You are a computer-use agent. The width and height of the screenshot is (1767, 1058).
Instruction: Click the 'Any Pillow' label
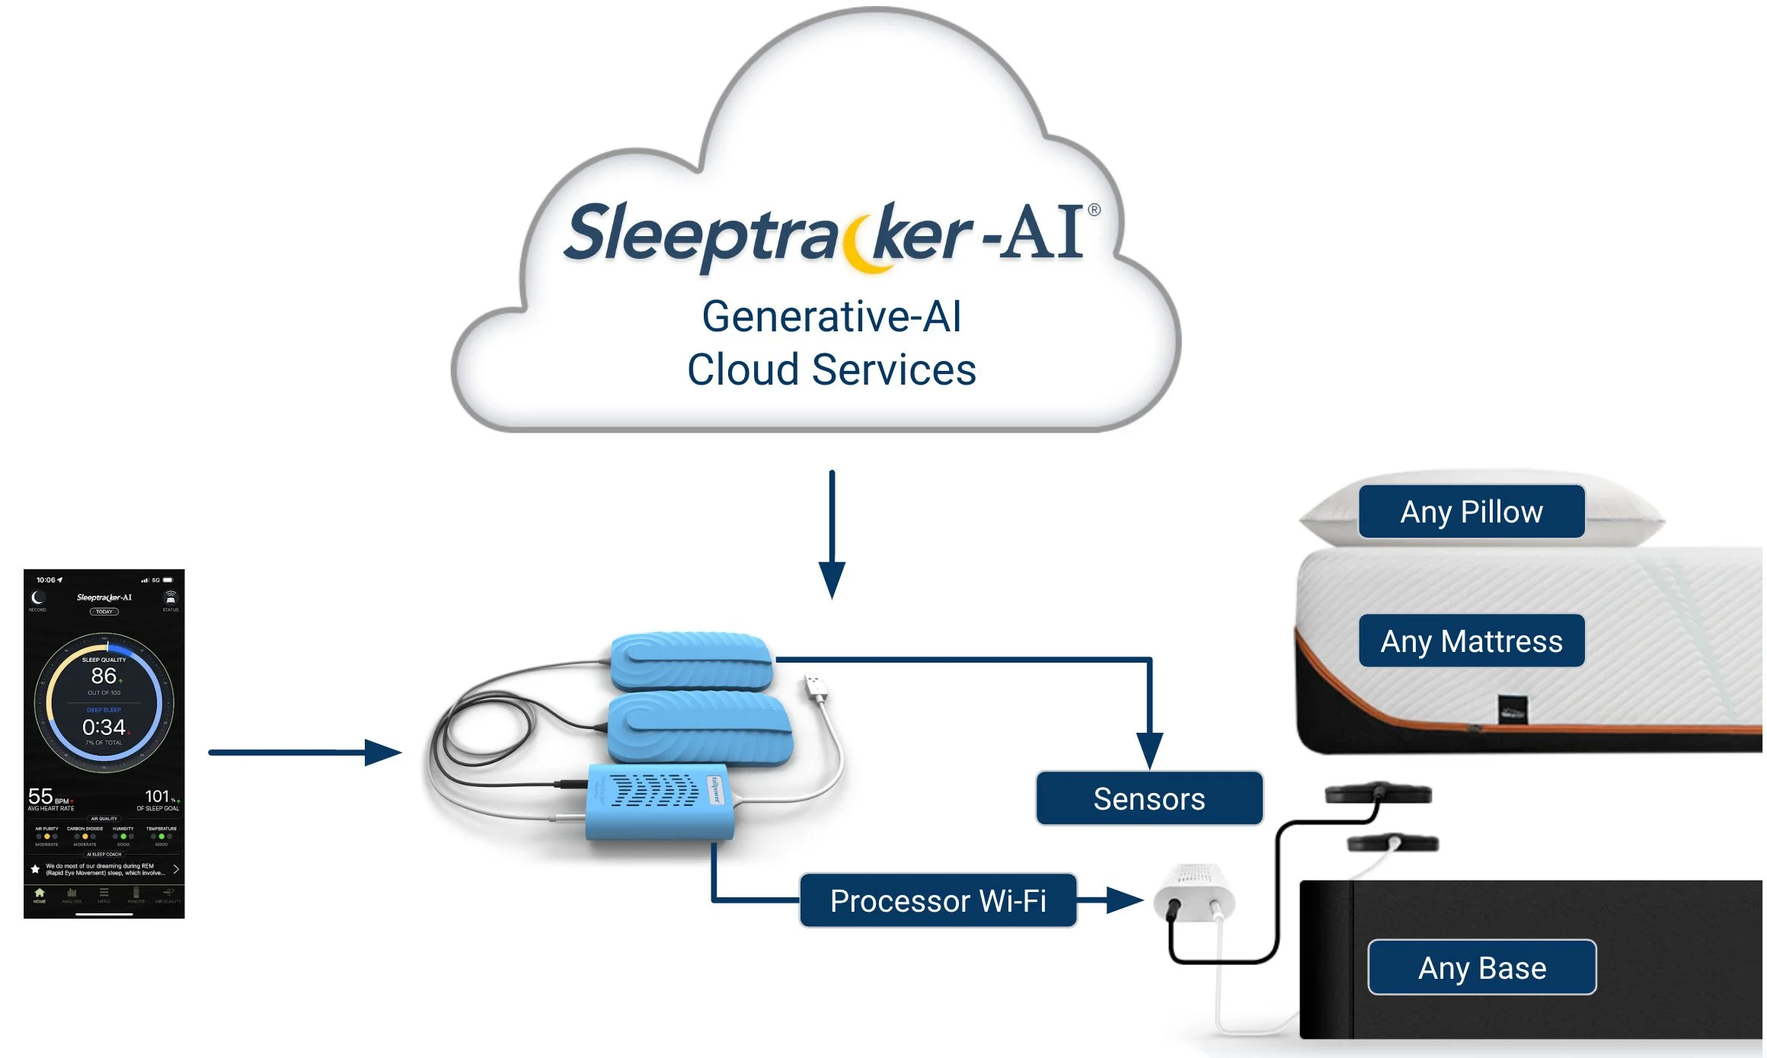(1471, 512)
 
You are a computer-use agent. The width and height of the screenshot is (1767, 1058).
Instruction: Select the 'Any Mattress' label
(1471, 641)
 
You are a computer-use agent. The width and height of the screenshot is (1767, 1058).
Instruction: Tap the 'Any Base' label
(1481, 967)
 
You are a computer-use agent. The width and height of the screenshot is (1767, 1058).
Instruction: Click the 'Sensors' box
(1149, 798)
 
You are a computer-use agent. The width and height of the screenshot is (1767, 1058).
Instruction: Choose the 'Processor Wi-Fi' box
(938, 900)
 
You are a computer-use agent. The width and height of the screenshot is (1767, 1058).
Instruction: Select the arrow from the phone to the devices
(305, 753)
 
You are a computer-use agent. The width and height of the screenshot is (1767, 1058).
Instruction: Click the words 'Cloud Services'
(831, 370)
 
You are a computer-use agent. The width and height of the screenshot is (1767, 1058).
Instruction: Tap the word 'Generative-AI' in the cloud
(831, 316)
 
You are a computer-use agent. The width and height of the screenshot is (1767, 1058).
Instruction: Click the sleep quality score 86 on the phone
(104, 676)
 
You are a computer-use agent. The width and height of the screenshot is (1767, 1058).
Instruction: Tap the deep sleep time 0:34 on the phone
(104, 727)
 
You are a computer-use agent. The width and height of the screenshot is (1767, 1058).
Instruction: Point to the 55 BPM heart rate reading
(41, 797)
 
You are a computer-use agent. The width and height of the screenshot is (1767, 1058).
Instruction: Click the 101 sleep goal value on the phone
(157, 796)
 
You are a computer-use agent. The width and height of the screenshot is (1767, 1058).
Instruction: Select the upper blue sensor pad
(692, 660)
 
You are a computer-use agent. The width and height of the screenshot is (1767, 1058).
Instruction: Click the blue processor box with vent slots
(660, 800)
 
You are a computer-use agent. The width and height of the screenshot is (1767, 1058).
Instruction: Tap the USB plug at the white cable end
(816, 686)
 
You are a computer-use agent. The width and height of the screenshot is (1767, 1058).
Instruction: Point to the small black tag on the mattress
(1512, 710)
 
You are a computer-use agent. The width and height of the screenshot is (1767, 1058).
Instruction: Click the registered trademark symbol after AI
(1094, 209)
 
